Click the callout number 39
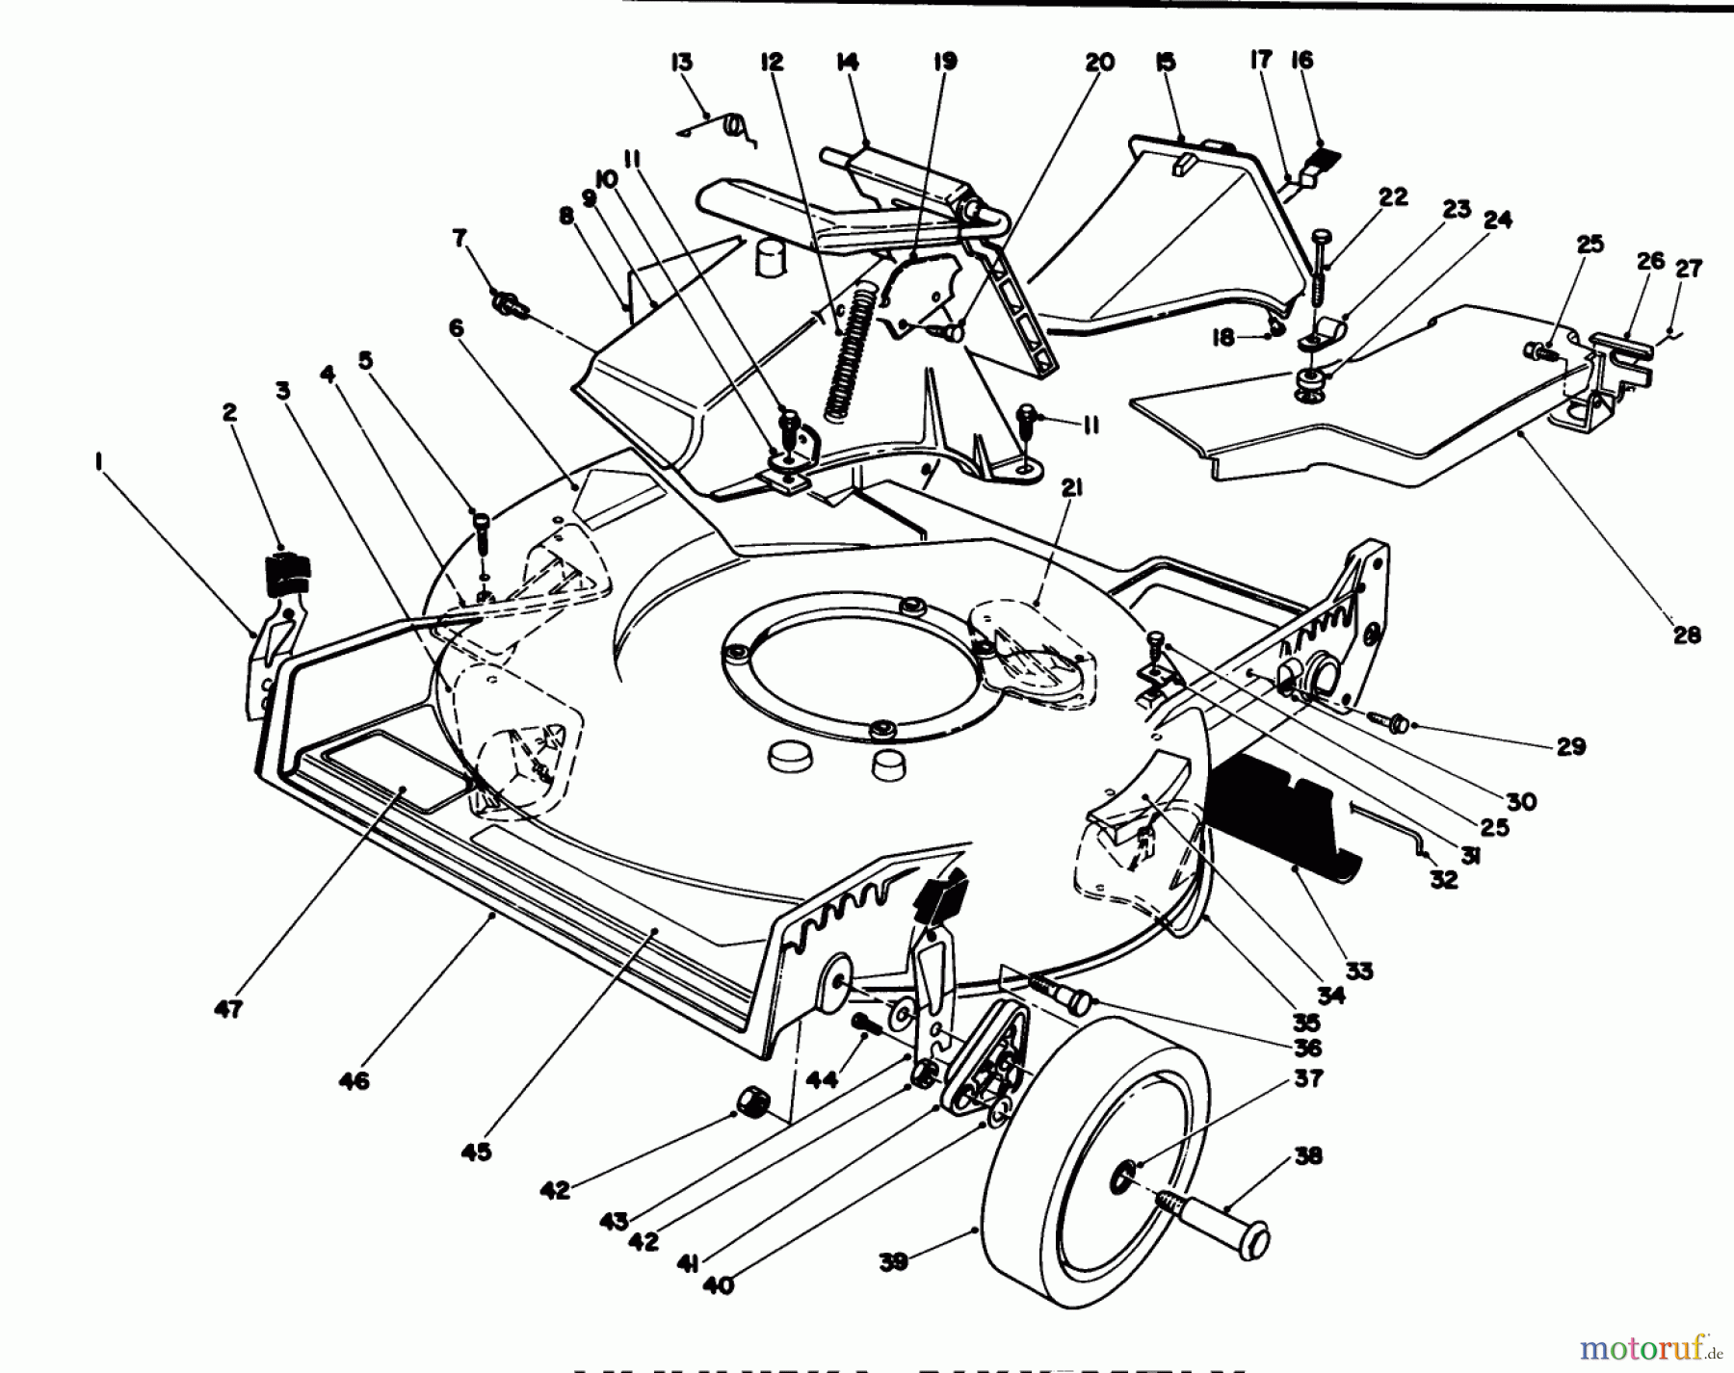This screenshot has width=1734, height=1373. tap(893, 1261)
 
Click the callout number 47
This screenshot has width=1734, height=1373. tap(229, 1009)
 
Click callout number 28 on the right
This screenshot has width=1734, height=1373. tap(1687, 635)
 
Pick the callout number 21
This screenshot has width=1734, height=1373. tap(1072, 489)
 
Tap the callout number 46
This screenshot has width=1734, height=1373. tap(354, 1081)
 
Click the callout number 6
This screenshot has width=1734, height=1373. tap(455, 329)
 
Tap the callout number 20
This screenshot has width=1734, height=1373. tap(1098, 63)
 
